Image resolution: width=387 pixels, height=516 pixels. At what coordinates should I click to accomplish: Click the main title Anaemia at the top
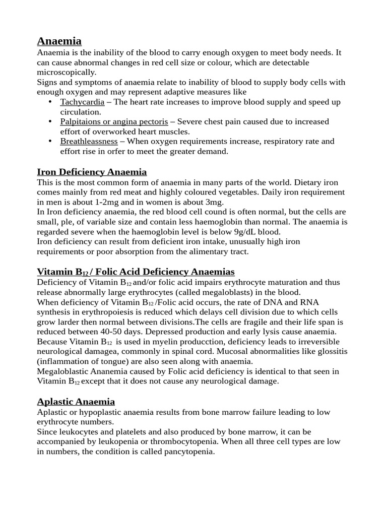59,41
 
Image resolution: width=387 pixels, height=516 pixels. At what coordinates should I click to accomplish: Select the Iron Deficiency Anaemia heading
92,172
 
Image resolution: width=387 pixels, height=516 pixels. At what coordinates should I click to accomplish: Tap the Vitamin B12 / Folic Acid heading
136,272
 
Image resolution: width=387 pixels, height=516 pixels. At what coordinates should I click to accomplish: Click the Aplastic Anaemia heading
76,401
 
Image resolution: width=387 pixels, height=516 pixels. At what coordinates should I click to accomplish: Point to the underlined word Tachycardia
82,102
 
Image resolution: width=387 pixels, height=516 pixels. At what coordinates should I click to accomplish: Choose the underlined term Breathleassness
89,141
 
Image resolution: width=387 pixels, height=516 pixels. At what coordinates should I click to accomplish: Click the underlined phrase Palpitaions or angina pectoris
114,121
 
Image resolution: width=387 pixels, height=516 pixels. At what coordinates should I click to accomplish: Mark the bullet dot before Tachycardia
50,102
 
